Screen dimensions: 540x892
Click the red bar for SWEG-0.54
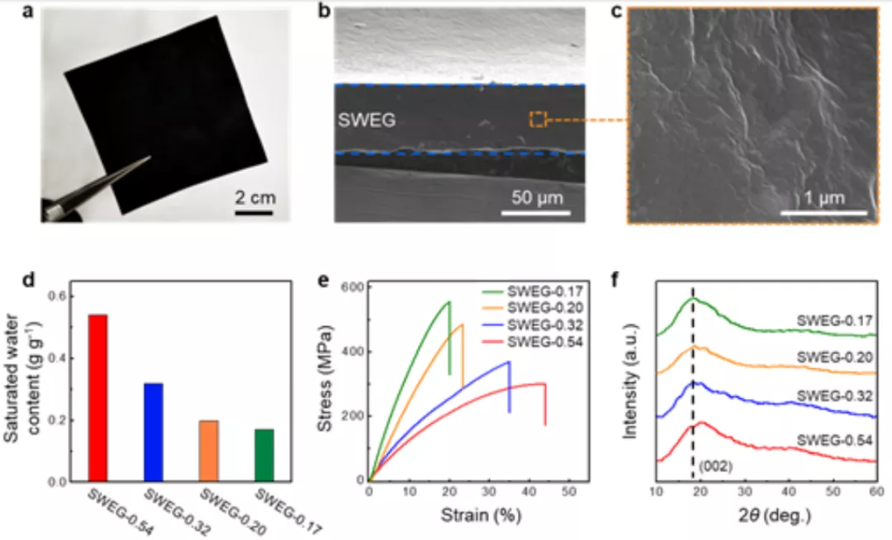[98, 397]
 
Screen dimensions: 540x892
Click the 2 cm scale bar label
[253, 197]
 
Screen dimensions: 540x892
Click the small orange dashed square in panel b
[538, 120]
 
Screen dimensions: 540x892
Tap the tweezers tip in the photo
[148, 159]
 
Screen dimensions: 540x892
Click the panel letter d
[29, 278]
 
